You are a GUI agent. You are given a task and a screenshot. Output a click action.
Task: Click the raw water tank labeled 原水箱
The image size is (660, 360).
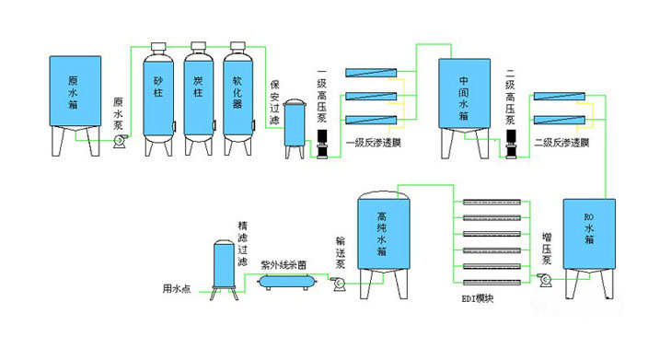75,105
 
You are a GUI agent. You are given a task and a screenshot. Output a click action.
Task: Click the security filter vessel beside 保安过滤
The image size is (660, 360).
295,129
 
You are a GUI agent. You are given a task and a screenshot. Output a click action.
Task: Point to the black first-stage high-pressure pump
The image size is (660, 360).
322,144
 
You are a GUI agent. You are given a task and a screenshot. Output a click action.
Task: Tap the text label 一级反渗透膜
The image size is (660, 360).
374,143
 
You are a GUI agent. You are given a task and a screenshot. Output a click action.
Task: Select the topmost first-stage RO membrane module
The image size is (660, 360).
371,73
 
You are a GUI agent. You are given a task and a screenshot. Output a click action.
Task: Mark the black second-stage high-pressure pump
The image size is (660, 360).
511,144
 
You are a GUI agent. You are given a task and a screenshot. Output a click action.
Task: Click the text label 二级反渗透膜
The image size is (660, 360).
562,143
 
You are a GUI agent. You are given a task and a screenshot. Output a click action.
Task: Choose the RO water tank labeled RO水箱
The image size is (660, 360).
589,249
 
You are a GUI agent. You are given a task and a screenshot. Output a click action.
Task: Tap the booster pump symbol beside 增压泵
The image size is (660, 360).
547,280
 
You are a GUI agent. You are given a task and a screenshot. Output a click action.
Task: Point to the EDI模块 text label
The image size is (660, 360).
478,298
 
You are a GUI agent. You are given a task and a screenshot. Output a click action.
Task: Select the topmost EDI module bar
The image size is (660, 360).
492,203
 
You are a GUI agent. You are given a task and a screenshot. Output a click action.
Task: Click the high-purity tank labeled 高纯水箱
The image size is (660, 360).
384,245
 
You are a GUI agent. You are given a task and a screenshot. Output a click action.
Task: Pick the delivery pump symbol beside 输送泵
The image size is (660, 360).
339,284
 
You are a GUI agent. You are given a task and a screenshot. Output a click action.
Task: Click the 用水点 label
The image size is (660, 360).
177,289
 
